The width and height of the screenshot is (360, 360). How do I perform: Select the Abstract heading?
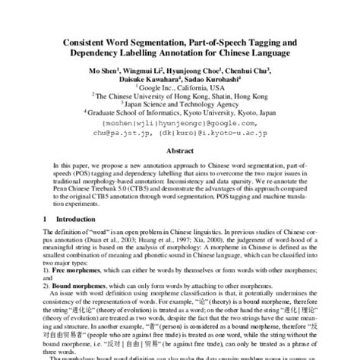pyautogui.click(x=180, y=150)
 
